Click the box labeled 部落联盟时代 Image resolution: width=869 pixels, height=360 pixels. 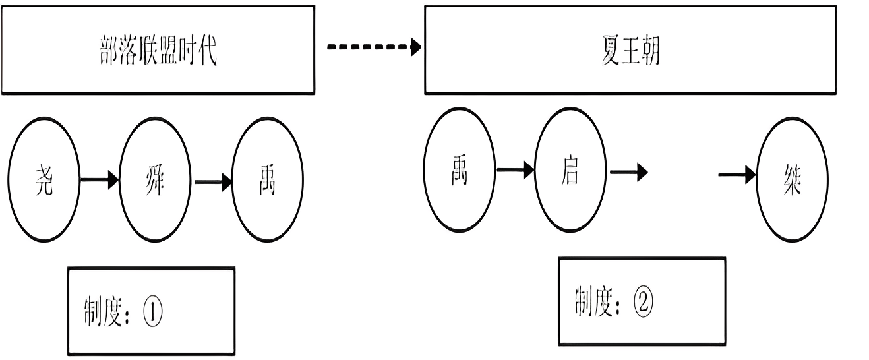[158, 51]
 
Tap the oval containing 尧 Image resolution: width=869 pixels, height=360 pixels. [43, 179]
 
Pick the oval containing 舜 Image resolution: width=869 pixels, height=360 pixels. [156, 179]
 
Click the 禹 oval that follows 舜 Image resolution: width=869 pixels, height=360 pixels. [268, 179]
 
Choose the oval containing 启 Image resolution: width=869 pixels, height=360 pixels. [569, 173]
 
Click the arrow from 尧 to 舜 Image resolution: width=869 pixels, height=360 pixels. [100, 179]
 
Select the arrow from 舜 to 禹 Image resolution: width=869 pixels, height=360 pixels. [213, 179]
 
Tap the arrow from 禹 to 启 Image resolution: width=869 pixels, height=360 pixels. [514, 171]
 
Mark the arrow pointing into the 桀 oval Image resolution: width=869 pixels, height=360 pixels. [737, 175]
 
